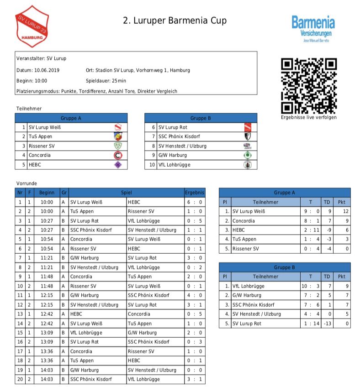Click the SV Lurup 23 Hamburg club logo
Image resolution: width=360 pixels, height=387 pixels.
click(32, 26)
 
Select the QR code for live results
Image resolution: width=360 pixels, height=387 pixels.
click(308, 86)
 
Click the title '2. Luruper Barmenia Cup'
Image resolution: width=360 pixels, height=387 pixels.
click(175, 21)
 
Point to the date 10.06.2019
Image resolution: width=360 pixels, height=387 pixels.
click(47, 70)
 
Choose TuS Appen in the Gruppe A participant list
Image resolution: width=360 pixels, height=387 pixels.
click(40, 136)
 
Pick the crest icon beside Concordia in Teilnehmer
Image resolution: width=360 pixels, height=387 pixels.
click(118, 155)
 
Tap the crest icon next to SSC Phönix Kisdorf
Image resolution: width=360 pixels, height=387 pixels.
click(247, 136)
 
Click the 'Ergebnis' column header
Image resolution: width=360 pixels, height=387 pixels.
click(195, 193)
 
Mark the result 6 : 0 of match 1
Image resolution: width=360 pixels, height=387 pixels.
click(195, 202)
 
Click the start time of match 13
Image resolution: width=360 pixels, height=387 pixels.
click(47, 314)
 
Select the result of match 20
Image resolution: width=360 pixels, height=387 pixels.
click(195, 379)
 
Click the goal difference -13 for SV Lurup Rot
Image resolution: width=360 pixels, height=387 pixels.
click(326, 324)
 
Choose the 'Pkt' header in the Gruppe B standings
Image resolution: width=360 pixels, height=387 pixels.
click(341, 277)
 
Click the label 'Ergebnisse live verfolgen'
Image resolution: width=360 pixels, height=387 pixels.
click(308, 117)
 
